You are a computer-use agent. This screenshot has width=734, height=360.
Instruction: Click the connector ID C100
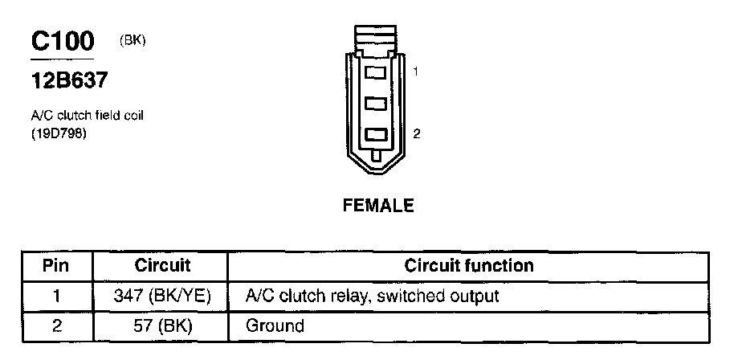point(62,41)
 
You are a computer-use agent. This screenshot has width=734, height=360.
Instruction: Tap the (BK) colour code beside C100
point(132,40)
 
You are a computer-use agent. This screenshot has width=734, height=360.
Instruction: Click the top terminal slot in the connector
point(377,72)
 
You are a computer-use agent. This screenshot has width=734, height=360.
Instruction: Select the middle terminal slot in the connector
point(377,104)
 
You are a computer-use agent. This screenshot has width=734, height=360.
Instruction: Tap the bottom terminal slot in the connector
point(377,134)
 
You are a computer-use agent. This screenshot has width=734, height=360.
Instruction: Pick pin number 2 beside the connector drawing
point(416,134)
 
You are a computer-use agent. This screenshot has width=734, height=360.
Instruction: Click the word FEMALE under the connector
point(378,206)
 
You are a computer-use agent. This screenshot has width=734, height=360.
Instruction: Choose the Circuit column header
point(162,265)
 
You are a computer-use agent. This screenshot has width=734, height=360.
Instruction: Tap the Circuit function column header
point(468,265)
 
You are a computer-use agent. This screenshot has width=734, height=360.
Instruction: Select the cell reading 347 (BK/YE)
point(162,296)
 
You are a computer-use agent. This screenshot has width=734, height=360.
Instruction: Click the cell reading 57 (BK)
point(162,325)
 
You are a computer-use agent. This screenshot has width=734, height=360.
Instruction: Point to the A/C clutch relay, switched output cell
point(371,296)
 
